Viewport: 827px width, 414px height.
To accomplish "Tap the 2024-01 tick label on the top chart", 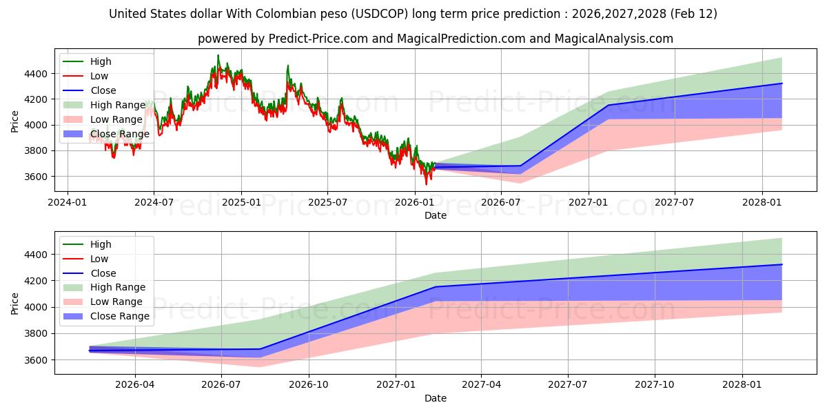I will pos(67,202).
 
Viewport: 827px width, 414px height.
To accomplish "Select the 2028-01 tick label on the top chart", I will pos(762,202).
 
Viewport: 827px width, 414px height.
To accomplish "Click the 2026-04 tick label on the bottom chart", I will pos(134,385).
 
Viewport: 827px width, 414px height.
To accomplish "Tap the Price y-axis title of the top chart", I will pos(15,121).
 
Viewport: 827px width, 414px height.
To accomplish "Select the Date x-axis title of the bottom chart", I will pos(435,398).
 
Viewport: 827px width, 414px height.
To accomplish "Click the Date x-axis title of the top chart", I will pos(435,215).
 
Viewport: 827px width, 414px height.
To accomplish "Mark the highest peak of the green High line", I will pos(218,55).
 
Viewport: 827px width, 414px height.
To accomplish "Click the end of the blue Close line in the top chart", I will pos(782,83).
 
